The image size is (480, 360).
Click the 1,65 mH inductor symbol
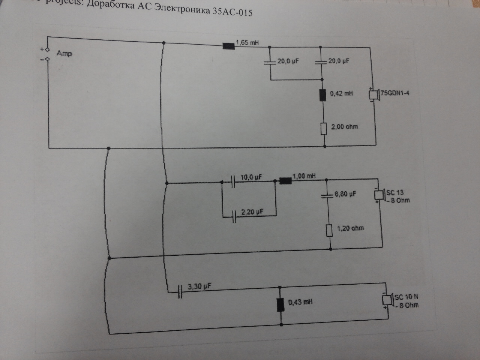[228, 46]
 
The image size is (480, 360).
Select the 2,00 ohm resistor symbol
[324, 129]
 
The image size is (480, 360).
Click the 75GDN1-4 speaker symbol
[373, 94]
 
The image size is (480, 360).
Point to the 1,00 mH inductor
[285, 181]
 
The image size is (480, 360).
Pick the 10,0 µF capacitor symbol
[233, 182]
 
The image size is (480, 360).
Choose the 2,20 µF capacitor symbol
[234, 216]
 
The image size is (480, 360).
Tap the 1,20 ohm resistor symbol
[329, 230]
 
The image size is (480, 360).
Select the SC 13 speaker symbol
[379, 195]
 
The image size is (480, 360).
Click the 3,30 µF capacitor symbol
[180, 291]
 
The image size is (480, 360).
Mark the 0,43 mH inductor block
[280, 305]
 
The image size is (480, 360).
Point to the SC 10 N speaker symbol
[387, 300]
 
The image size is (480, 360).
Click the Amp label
[64, 53]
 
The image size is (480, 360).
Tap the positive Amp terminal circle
[47, 49]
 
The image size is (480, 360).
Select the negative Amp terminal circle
[47, 59]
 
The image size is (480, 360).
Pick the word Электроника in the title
[182, 9]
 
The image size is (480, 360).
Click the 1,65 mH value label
[247, 42]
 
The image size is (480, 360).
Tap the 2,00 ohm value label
[344, 127]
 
